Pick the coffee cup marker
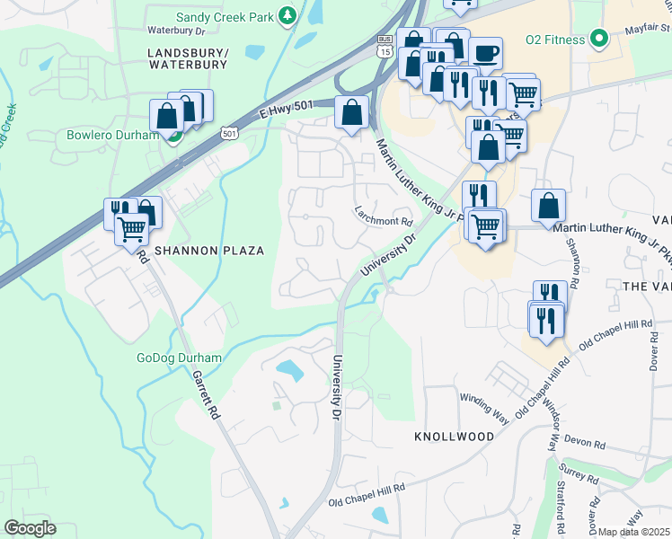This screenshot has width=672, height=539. pos(486,54)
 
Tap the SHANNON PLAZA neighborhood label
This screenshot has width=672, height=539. pos(209,251)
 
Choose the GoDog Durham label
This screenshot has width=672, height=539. pos(179,358)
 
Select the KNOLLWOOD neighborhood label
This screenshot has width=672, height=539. pos(454,436)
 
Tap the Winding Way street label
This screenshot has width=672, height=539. pos(484,398)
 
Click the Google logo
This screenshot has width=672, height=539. pos(30,527)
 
